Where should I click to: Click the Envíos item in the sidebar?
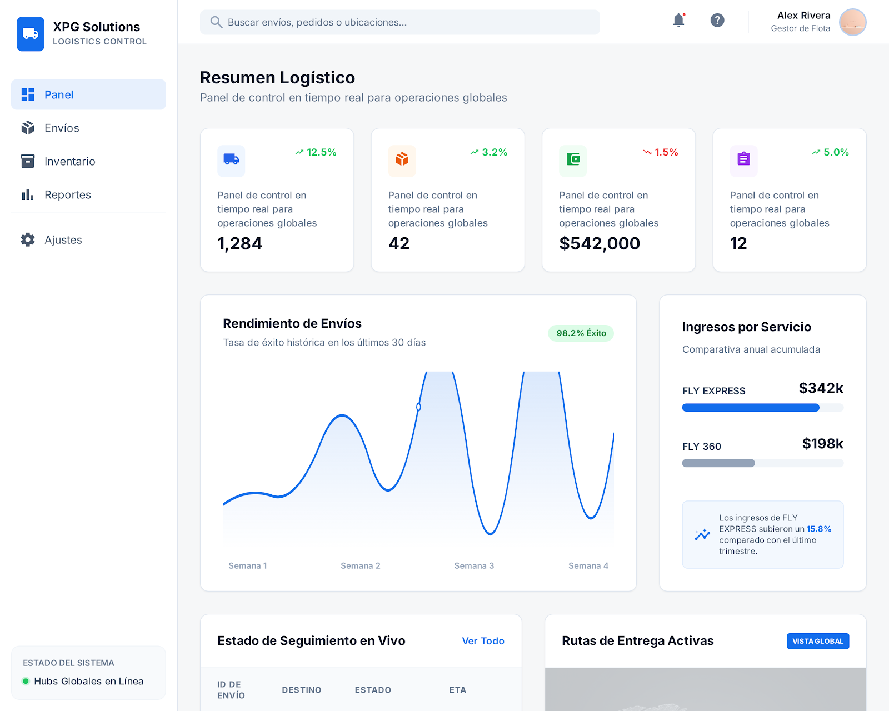tap(61, 128)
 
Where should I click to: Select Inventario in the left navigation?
tap(69, 162)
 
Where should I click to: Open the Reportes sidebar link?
tap(67, 195)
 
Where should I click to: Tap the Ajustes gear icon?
tap(28, 240)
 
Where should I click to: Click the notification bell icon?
tap(678, 21)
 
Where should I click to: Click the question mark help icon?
tap(717, 21)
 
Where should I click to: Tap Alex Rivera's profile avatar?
tap(852, 22)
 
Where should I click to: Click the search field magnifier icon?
tap(216, 22)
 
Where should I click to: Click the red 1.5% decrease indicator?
tap(661, 152)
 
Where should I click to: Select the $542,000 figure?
tap(600, 243)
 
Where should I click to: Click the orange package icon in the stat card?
tap(402, 160)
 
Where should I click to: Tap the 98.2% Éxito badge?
tap(581, 333)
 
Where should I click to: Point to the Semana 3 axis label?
tap(474, 566)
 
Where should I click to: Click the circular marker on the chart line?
tap(418, 407)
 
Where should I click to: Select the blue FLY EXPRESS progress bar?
tap(751, 408)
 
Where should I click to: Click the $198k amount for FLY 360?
tap(822, 444)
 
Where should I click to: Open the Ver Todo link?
tap(483, 641)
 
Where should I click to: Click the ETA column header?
tap(457, 690)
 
